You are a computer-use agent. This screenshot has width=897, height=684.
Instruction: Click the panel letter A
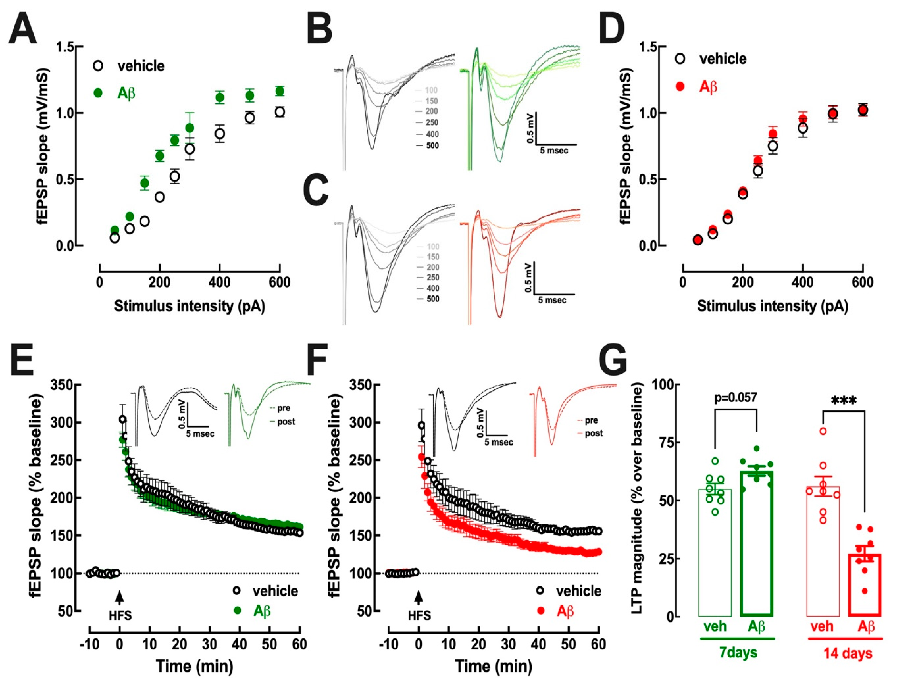pos(23,29)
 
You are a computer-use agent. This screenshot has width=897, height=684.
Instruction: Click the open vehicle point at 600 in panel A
pos(279,112)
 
